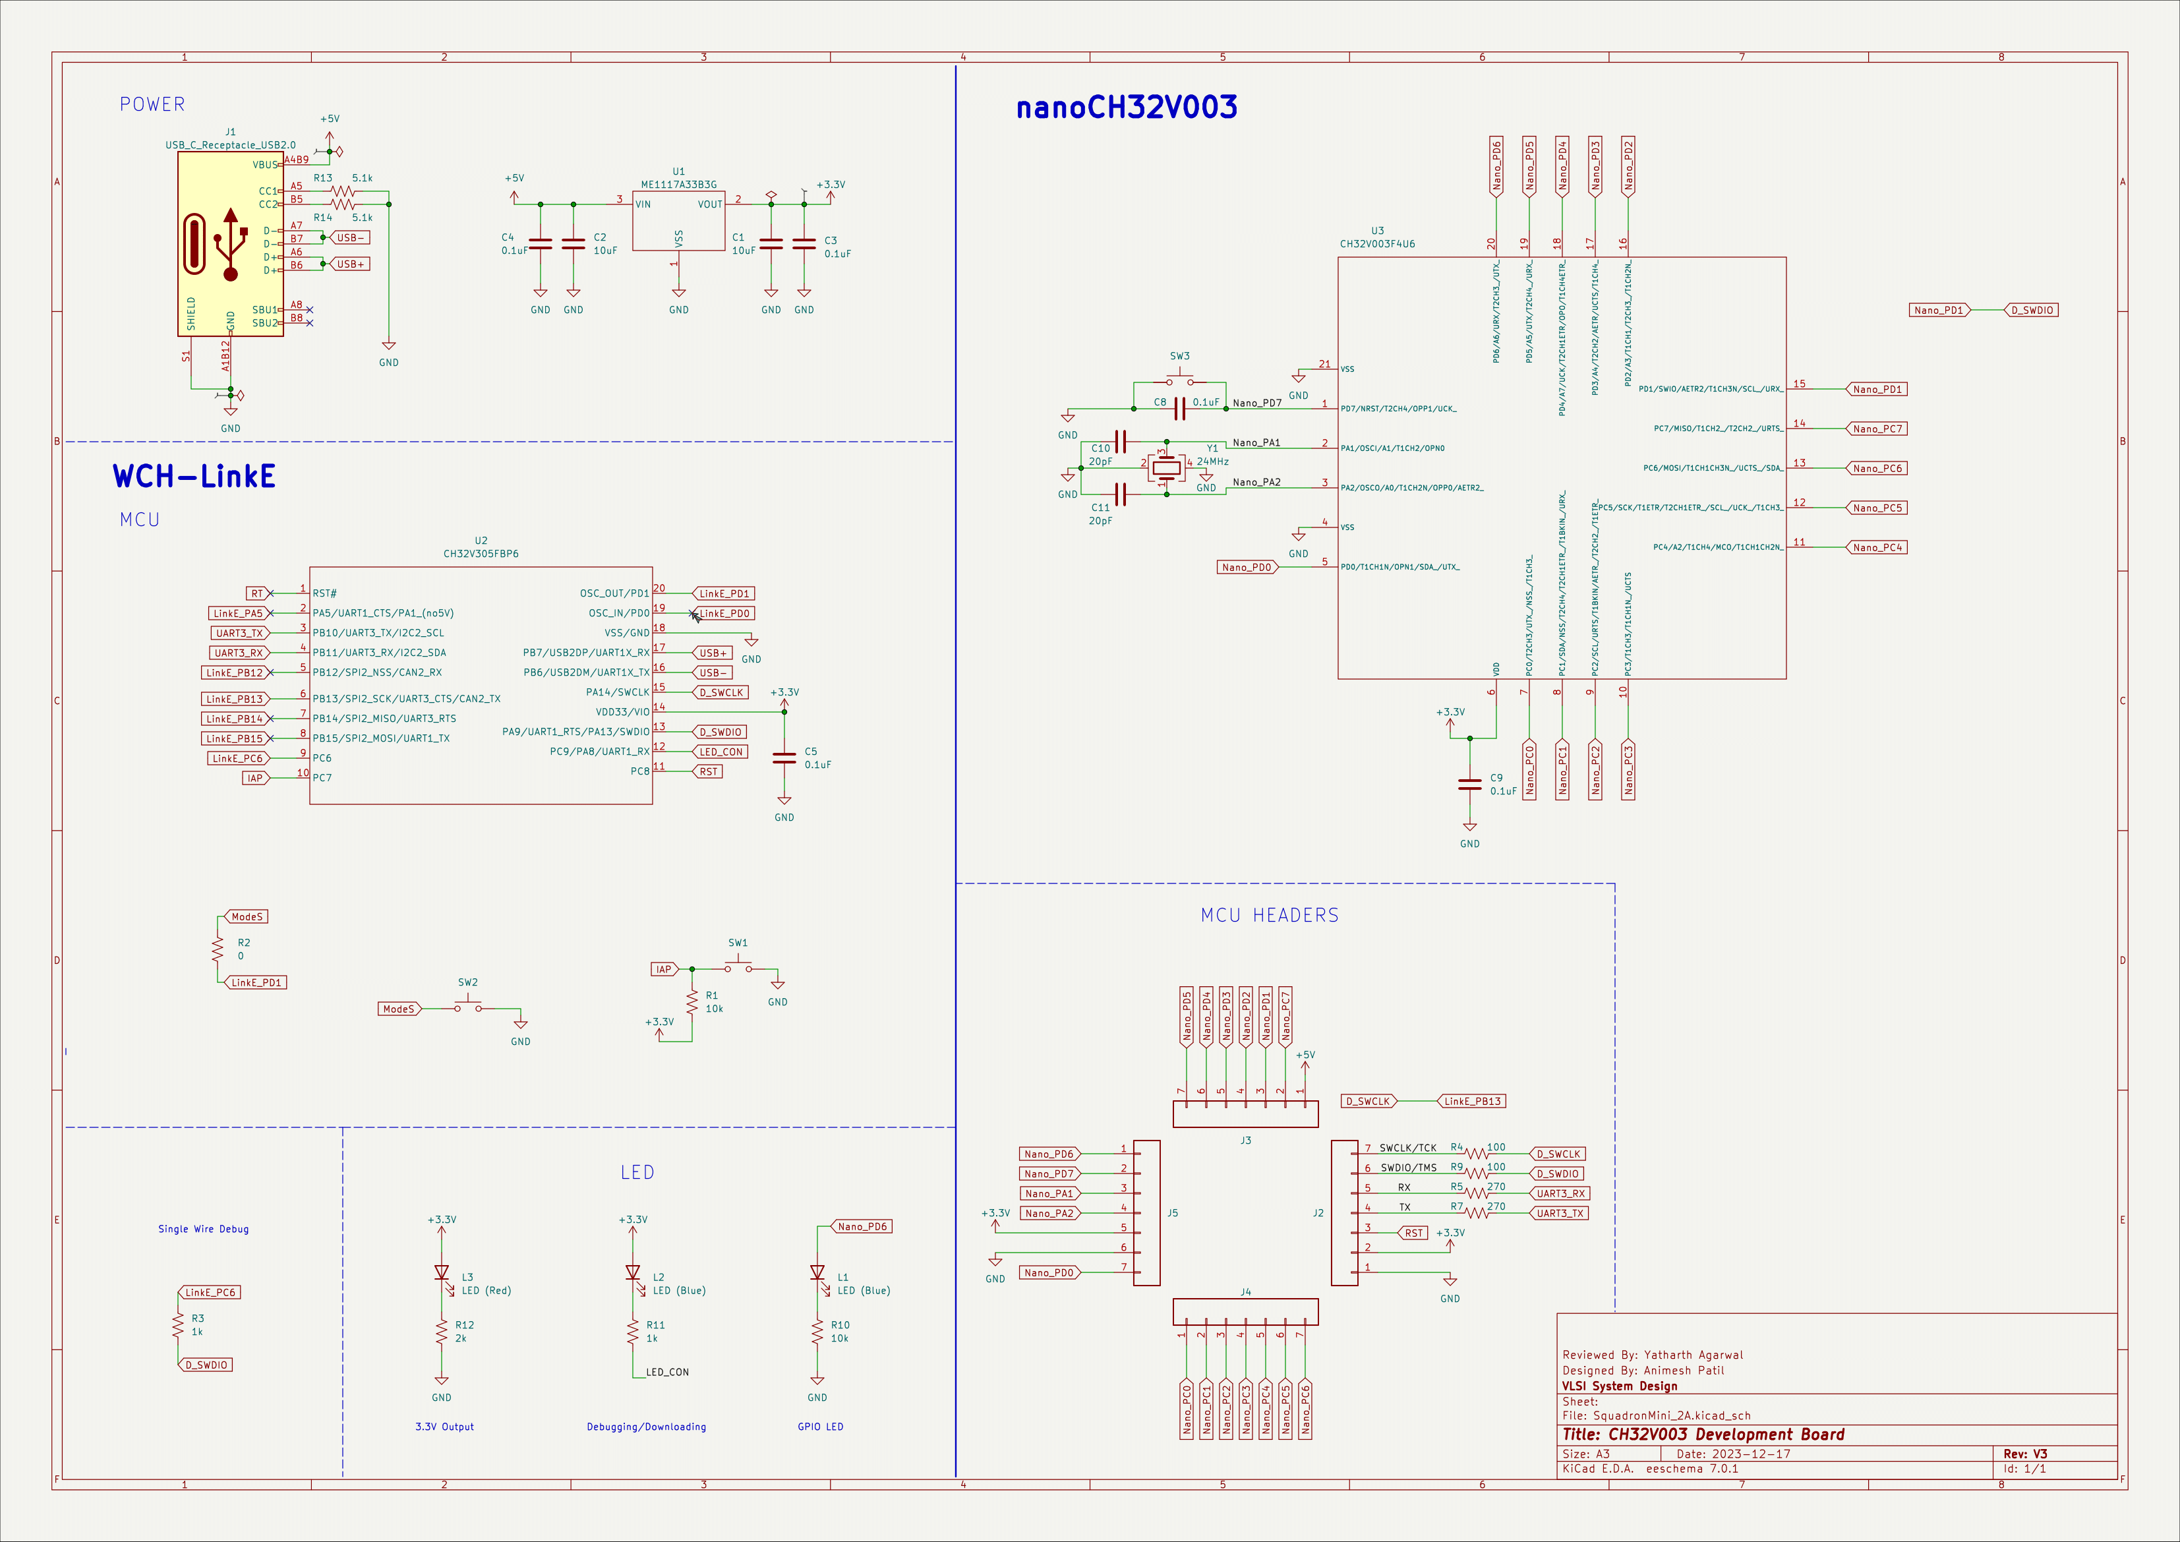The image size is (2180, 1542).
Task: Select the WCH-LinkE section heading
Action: [x=194, y=476]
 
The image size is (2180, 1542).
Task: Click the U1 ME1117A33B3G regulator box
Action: [x=678, y=222]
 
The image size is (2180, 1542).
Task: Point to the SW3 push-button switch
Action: [x=1179, y=381]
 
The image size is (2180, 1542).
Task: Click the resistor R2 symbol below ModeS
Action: [x=218, y=949]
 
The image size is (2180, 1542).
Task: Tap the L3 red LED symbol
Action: [x=442, y=1273]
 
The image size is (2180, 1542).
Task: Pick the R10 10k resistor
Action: [x=817, y=1332]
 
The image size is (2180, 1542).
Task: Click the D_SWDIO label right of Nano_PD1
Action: [x=2032, y=311]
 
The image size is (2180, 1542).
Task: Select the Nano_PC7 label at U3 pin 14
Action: [x=1877, y=429]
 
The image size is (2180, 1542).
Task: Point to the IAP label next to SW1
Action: [x=663, y=970]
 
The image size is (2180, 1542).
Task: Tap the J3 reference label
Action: [x=1246, y=1141]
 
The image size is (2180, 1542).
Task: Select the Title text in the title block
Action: [x=1703, y=1435]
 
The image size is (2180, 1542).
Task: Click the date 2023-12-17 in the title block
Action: [x=1733, y=1454]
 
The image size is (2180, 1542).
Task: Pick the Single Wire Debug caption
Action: [x=203, y=1229]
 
